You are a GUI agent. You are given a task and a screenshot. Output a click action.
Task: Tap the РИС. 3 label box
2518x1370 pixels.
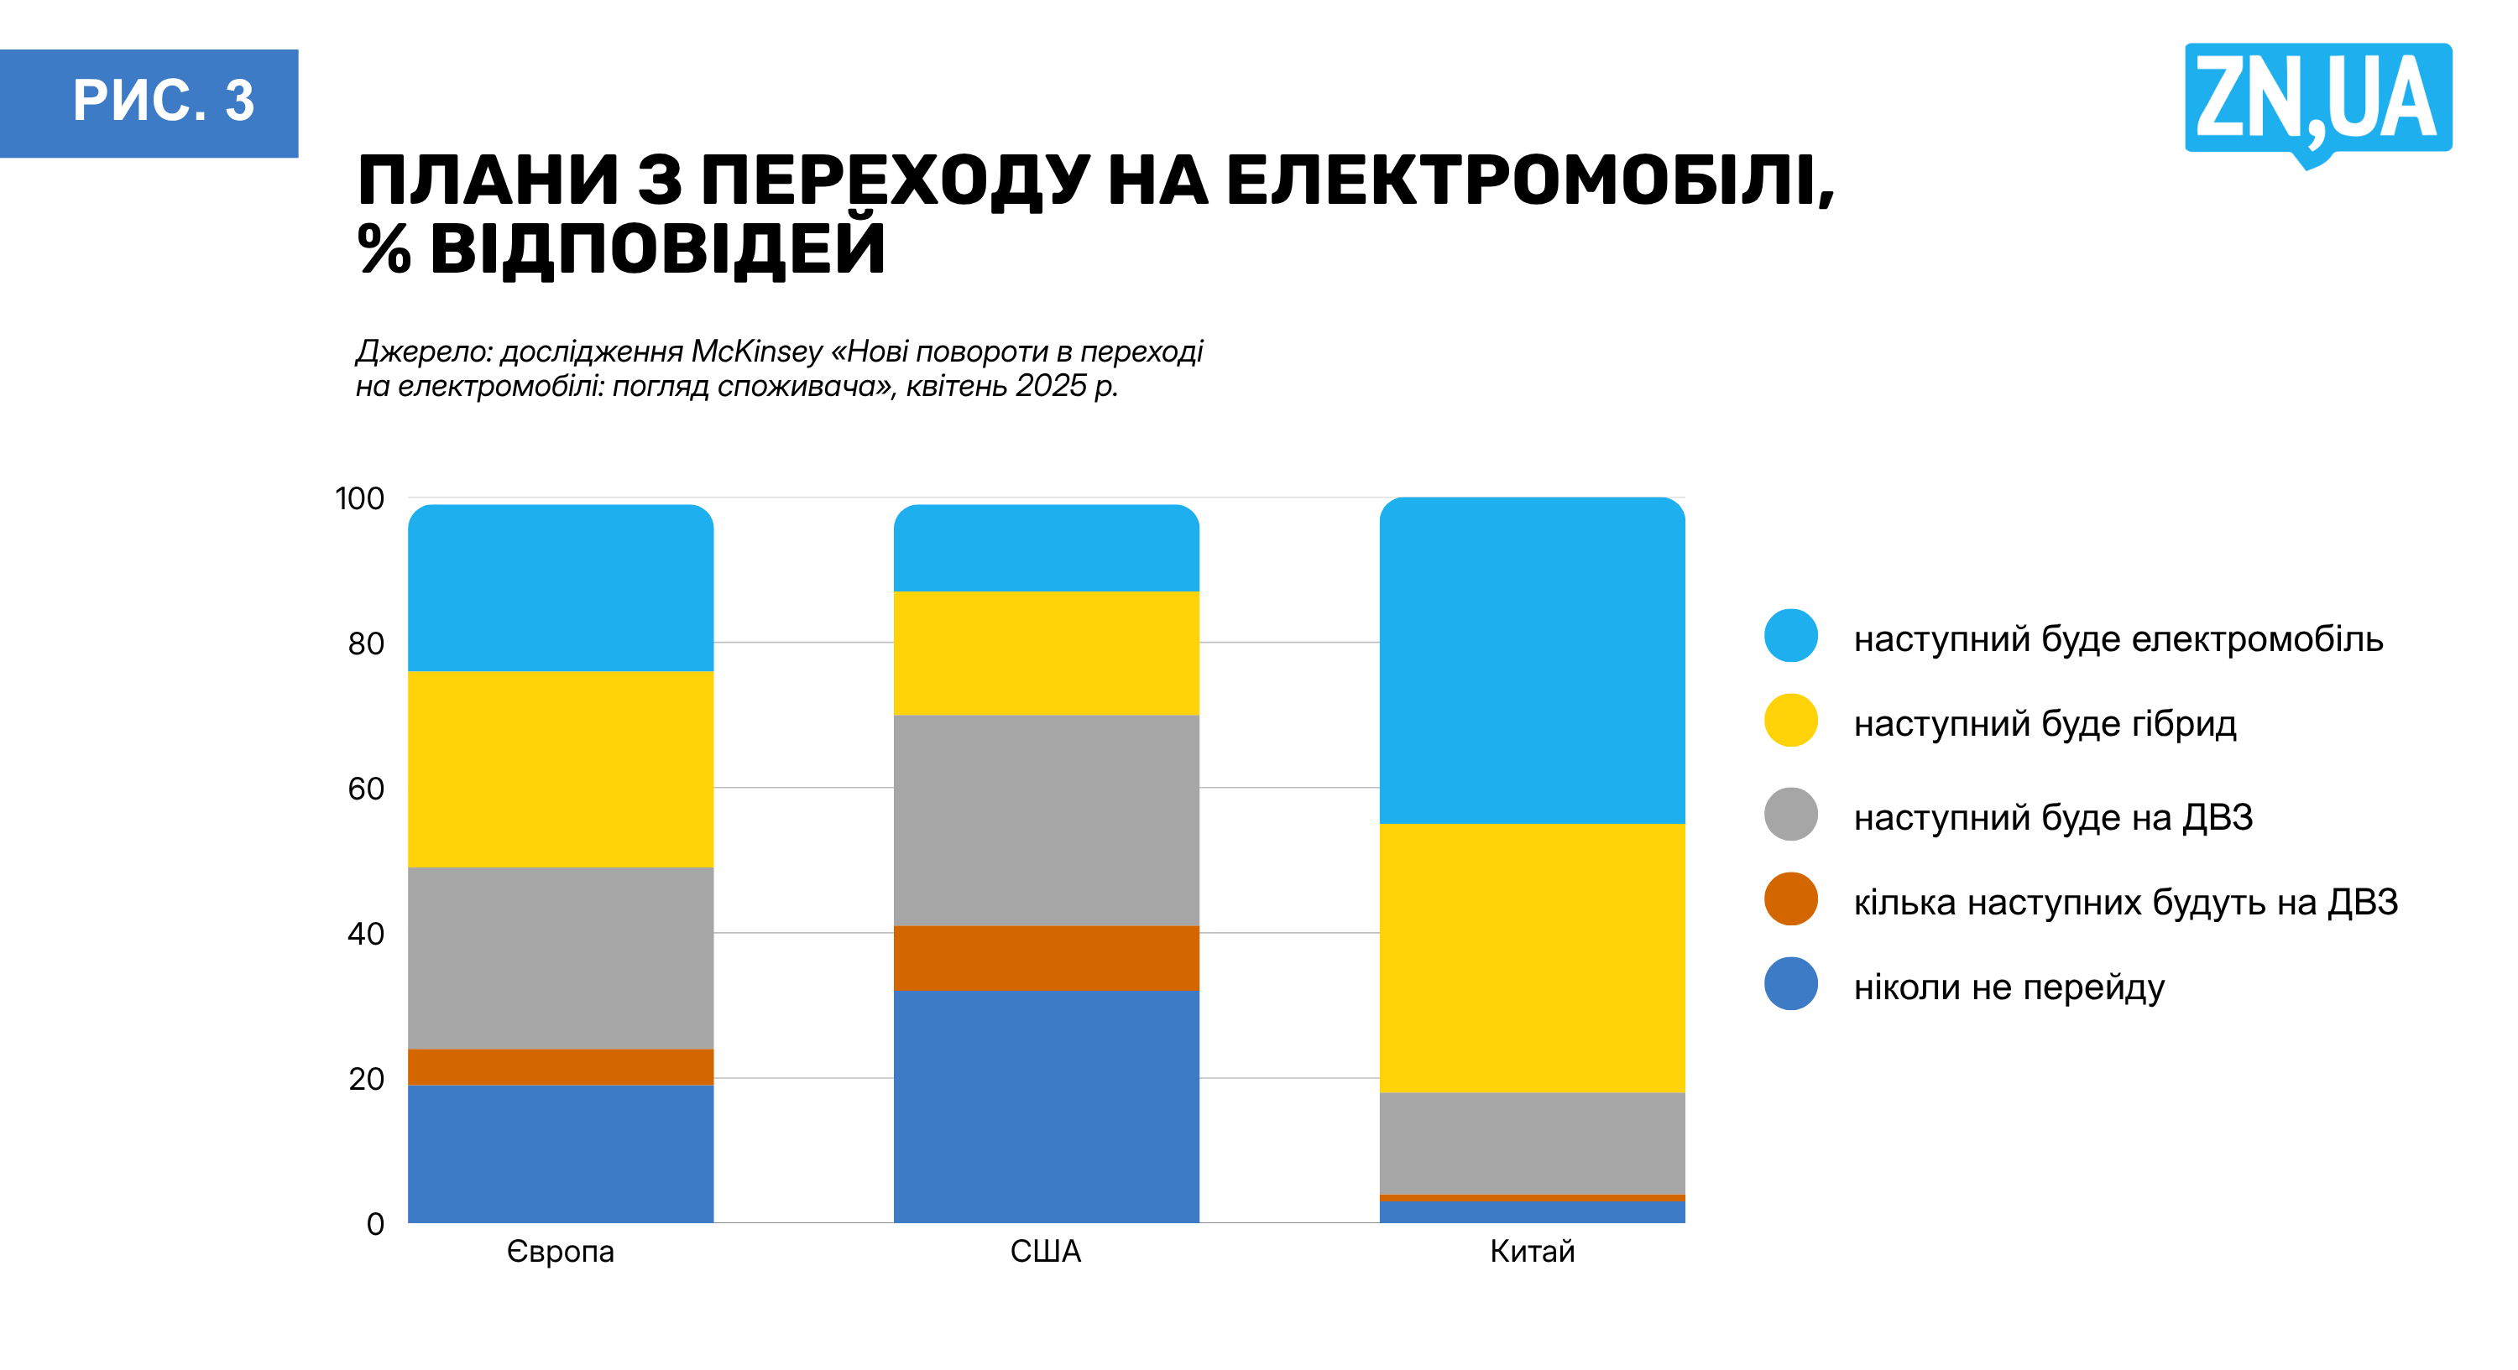pyautogui.click(x=149, y=102)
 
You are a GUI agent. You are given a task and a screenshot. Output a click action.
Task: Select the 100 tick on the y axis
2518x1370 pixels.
pyautogui.click(x=360, y=498)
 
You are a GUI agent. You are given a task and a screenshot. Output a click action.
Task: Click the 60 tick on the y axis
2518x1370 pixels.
pyautogui.click(x=366, y=789)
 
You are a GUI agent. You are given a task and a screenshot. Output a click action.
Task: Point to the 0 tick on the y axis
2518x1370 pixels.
pyautogui.click(x=375, y=1223)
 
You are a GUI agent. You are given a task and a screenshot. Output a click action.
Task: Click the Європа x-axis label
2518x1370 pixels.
pyautogui.click(x=560, y=1251)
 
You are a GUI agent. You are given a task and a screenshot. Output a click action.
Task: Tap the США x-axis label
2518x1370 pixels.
pyautogui.click(x=1045, y=1251)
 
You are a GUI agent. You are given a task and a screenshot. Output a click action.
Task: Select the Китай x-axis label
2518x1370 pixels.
pyautogui.click(x=1532, y=1251)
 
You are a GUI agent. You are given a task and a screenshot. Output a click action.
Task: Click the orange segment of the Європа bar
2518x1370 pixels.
pyautogui.click(x=560, y=1066)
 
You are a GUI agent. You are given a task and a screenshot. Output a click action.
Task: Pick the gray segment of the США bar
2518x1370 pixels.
pyautogui.click(x=1046, y=820)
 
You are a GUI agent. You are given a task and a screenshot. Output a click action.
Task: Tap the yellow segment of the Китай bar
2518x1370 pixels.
pyautogui.click(x=1532, y=957)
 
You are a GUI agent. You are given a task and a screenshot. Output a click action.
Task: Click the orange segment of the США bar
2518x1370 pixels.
pyautogui.click(x=1046, y=957)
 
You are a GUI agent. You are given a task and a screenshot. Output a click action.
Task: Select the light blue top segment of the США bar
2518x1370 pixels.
pyautogui.click(x=1046, y=550)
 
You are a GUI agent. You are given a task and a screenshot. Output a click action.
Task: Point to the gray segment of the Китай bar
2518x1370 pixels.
pyautogui.click(x=1532, y=1143)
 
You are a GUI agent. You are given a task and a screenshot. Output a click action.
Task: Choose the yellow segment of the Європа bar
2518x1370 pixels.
pyautogui.click(x=560, y=769)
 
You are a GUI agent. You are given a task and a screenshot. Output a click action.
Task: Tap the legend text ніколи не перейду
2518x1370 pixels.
pyautogui.click(x=2009, y=987)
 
